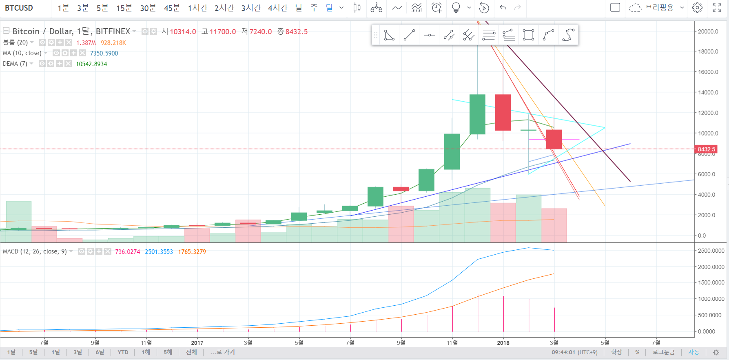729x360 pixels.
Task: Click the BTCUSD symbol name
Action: click(19, 8)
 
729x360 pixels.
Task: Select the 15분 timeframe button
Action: click(124, 8)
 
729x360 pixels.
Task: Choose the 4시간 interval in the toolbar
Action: click(277, 8)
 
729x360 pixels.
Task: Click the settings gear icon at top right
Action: click(697, 8)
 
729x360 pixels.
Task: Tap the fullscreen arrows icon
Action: click(717, 8)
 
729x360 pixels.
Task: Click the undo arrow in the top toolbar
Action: click(503, 8)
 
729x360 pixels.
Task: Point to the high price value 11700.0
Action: click(223, 32)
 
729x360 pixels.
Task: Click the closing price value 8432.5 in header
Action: click(297, 32)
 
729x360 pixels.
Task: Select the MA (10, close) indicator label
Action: click(22, 53)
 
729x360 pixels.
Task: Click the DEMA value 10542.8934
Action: click(91, 64)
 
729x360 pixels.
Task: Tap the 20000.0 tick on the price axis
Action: click(708, 31)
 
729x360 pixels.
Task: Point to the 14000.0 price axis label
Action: click(708, 93)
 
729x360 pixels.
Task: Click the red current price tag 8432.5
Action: click(706, 149)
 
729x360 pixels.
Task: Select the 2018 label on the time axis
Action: click(503, 343)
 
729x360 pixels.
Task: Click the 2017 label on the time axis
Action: click(197, 343)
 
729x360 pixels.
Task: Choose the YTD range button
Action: click(123, 352)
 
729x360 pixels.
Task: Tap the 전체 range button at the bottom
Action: click(191, 352)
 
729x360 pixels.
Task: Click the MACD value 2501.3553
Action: click(159, 252)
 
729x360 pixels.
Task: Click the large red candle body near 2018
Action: click(503, 112)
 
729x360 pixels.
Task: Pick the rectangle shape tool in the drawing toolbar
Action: click(528, 35)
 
